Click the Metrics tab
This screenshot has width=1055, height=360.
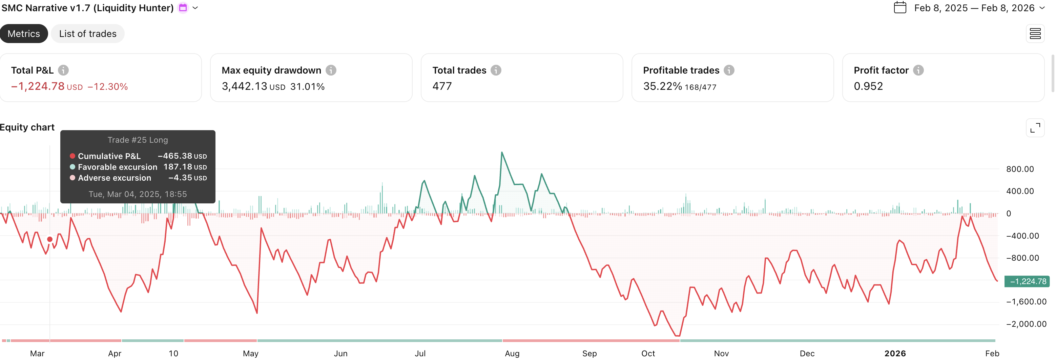point(24,34)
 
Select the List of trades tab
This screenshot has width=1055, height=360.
point(88,34)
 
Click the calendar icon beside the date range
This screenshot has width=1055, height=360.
point(900,8)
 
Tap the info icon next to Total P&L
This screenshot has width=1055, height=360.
point(63,71)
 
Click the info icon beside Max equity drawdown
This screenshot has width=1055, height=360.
point(331,71)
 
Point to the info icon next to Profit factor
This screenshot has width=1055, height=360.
point(918,71)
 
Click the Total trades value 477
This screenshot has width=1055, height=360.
point(442,86)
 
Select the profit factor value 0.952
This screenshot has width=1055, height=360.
point(868,86)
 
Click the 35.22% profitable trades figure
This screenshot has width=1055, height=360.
point(662,86)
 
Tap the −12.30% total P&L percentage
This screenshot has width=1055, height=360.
point(108,87)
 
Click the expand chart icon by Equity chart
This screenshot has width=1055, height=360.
point(1035,128)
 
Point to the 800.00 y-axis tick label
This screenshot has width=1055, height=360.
point(1020,169)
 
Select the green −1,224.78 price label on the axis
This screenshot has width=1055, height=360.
point(1027,281)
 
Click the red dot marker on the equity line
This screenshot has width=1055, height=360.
point(49,239)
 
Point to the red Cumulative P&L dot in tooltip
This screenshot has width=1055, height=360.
point(73,156)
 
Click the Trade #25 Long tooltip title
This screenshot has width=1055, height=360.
point(138,140)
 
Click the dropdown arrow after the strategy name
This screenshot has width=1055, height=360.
point(195,8)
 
